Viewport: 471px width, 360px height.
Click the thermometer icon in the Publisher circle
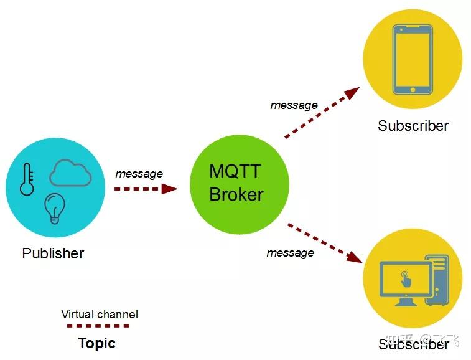tap(27, 179)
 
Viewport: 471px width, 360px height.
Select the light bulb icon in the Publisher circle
tap(55, 208)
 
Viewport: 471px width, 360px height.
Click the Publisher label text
tap(53, 253)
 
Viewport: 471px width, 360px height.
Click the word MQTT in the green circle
tap(235, 171)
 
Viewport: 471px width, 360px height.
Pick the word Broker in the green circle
tap(236, 194)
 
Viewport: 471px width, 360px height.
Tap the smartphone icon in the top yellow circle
tap(413, 59)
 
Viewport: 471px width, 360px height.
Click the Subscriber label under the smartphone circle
tap(413, 126)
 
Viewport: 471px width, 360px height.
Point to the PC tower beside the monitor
tap(439, 280)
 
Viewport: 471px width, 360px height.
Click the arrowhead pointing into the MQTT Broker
tap(169, 189)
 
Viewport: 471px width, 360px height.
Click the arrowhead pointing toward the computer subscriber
tap(355, 257)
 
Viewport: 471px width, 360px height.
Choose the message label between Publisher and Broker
tap(139, 174)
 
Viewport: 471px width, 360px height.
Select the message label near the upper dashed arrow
tap(294, 105)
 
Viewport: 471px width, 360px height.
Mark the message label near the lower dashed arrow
tap(290, 253)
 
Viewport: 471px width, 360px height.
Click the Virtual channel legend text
tap(100, 314)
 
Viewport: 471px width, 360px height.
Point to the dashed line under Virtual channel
tap(98, 326)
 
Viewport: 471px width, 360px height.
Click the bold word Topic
tap(97, 343)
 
